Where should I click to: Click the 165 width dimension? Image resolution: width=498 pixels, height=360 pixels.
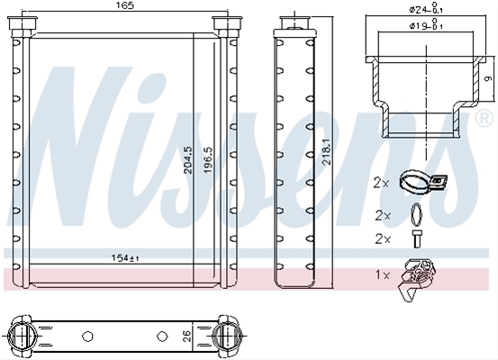(125, 5)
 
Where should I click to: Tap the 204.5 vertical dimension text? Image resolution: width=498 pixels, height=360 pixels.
(188, 159)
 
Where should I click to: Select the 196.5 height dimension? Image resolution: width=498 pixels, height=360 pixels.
(208, 159)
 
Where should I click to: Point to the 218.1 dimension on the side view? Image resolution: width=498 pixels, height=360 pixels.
(327, 151)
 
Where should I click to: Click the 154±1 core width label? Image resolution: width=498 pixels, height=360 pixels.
(125, 257)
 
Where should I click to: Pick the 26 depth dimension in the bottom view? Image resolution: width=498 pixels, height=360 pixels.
(187, 337)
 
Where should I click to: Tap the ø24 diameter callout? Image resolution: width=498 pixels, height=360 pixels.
(426, 9)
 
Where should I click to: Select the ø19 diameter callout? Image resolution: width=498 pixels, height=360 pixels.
(426, 24)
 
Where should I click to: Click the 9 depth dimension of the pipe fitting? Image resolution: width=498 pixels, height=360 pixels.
(488, 78)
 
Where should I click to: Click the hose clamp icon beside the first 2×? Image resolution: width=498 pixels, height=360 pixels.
(423, 182)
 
